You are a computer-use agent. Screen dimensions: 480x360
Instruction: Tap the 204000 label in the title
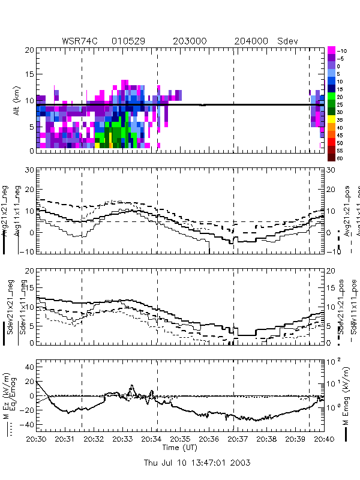[x=251, y=41]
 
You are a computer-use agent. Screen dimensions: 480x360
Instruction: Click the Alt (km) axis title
[x=13, y=100]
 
